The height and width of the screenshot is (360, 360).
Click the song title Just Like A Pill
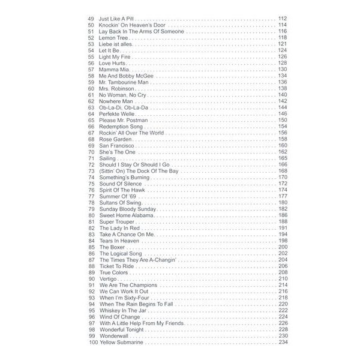click(116, 19)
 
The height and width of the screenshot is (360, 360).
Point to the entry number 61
click(91, 95)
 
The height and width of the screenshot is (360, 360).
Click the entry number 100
click(92, 342)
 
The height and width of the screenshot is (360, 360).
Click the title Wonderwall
click(114, 335)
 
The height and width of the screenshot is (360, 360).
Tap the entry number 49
click(91, 19)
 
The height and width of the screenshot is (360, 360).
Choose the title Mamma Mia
click(114, 70)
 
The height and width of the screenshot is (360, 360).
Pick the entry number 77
click(91, 196)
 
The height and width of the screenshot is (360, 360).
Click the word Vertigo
click(109, 278)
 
